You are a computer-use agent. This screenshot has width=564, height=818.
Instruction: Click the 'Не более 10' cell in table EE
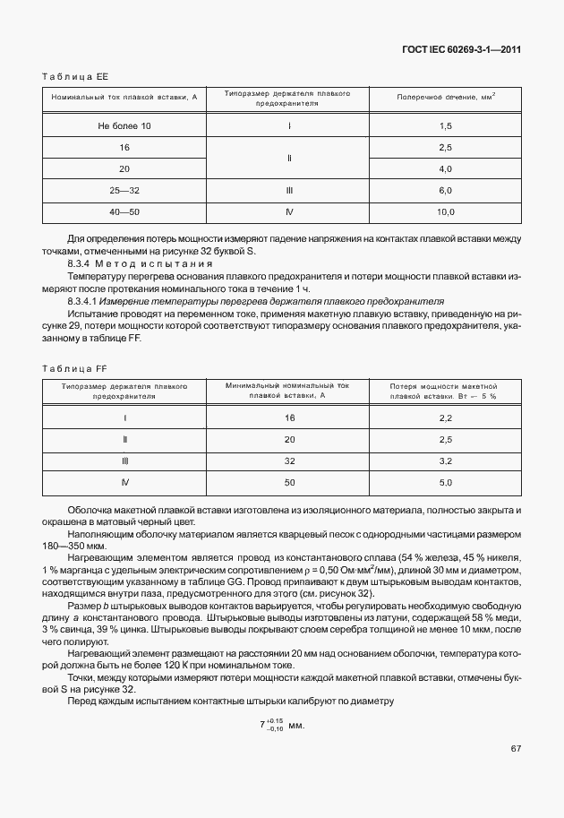[124, 125]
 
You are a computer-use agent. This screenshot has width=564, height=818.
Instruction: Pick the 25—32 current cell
[124, 191]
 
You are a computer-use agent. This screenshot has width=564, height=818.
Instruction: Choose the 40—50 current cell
[124, 212]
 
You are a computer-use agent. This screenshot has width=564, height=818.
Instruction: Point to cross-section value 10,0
[446, 212]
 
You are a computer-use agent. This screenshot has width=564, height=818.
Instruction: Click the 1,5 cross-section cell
[446, 125]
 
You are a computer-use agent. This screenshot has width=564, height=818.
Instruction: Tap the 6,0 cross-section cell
[446, 191]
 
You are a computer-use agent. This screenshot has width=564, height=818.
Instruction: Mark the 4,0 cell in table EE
[446, 168]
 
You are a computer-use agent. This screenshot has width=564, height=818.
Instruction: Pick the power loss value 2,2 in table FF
[446, 418]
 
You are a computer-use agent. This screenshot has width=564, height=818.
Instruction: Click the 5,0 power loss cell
[446, 483]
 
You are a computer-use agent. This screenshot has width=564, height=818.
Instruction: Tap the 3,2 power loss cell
[446, 461]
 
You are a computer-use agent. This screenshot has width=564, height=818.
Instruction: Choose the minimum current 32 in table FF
[289, 461]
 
